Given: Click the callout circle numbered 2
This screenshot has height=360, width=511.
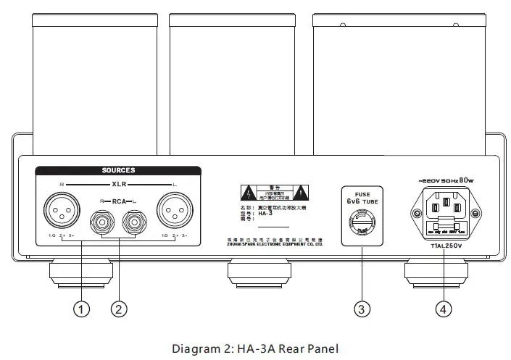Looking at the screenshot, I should point(120,309).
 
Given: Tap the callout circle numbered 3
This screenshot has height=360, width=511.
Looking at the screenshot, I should point(362,309).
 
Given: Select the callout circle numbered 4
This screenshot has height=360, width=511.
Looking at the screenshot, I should point(444,309).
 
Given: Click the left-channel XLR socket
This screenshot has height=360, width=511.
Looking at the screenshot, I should point(173,213).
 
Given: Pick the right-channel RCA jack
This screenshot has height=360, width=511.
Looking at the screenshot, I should point(100,218).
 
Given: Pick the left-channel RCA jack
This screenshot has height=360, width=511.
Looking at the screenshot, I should point(133,218).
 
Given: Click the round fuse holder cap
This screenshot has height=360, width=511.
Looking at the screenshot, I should point(362,220).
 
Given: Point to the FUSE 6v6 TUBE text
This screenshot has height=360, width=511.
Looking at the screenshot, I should point(362,198).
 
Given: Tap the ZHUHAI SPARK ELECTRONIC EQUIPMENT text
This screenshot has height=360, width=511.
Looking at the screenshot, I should point(274,245).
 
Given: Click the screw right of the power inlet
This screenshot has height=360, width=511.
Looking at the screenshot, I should point(475,214).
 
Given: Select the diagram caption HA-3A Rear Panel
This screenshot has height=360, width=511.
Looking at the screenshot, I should point(255,349).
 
